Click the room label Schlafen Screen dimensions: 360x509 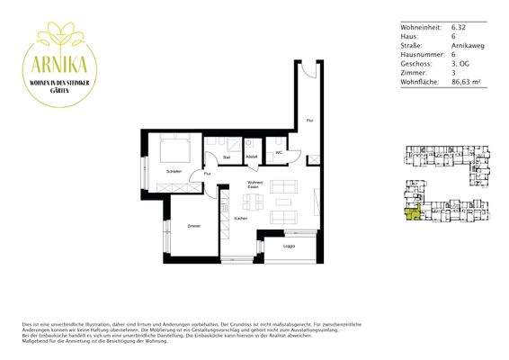[174, 171]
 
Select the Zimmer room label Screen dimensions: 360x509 [193, 226]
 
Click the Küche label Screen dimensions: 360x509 [240, 220]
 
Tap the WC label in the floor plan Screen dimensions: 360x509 [280, 154]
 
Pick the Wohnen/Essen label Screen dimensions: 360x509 [243, 184]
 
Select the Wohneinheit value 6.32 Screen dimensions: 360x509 [460, 29]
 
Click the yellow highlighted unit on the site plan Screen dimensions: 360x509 [412, 211]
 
